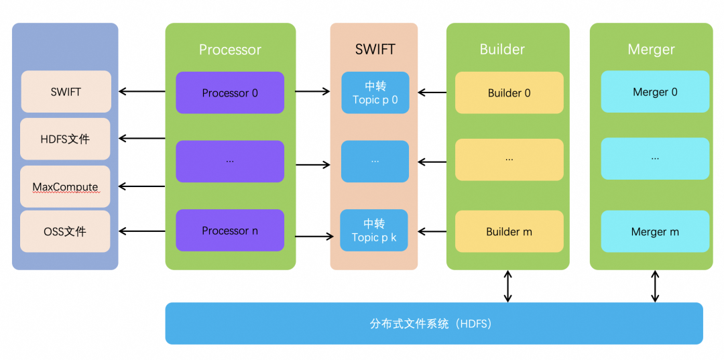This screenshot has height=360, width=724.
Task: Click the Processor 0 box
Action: pos(230,93)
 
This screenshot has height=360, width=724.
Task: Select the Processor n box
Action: pos(230,231)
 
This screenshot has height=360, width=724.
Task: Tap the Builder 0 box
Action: pos(509,93)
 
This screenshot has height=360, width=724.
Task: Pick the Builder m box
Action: pos(509,231)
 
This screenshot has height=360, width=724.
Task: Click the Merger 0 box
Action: pos(655,92)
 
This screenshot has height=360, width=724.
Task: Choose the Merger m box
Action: pos(655,231)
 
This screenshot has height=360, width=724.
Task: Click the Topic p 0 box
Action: pos(375,93)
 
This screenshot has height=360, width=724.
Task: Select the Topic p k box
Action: pos(374,231)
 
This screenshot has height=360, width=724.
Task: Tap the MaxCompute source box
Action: pos(65,186)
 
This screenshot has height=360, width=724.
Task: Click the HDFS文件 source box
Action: pos(65,139)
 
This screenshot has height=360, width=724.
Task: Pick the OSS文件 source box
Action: pos(65,231)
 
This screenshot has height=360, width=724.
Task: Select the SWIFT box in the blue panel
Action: pos(66,91)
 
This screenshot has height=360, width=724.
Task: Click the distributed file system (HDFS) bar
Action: pos(434,324)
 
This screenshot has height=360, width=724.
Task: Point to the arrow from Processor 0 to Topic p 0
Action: pos(312,92)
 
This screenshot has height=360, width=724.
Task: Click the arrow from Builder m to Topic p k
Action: pos(432,229)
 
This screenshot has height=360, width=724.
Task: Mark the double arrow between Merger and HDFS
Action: pos(655,286)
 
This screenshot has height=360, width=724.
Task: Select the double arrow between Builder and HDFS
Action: pos(508,286)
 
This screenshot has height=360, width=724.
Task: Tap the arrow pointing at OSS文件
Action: pos(141,231)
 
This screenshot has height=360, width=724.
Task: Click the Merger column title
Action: pos(651,50)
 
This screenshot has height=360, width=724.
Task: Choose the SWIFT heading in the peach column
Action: pos(375,50)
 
